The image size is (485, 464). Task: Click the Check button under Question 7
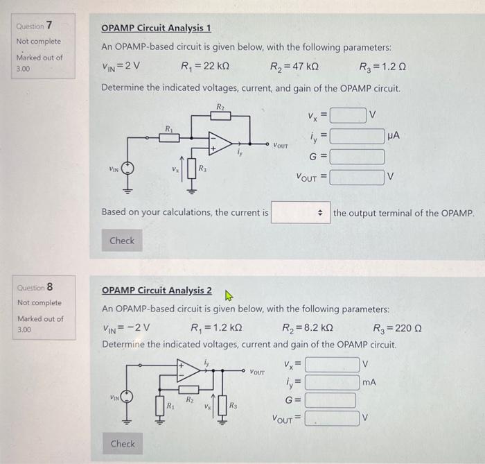(122, 241)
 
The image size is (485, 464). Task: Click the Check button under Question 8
(122, 443)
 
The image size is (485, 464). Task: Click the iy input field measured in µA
(356, 136)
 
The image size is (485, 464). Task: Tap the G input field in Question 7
(356, 157)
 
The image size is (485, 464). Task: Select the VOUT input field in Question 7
(356, 178)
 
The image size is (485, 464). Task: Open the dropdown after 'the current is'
(299, 212)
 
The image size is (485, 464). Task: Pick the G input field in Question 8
(330, 400)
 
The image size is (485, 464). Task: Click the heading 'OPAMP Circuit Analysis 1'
(156, 28)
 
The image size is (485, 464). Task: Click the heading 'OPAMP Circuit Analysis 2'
(157, 290)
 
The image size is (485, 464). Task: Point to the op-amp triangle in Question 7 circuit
(220, 142)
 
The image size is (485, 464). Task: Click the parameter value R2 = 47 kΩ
(294, 67)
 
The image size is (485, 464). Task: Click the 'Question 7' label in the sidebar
(34, 26)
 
